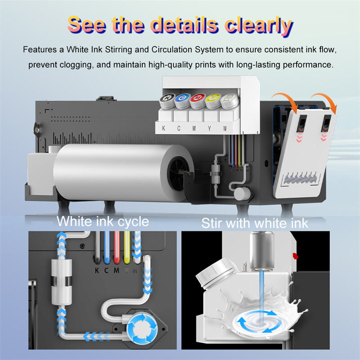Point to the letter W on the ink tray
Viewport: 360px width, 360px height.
tap(225, 129)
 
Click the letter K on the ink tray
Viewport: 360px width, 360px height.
tap(163, 128)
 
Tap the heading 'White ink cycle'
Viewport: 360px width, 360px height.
tap(103, 222)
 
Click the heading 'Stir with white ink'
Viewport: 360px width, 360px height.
tap(255, 223)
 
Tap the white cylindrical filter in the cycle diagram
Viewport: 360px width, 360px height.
tap(61, 282)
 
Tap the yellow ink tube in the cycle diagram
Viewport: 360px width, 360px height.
tap(127, 247)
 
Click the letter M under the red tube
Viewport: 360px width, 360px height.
tap(117, 270)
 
